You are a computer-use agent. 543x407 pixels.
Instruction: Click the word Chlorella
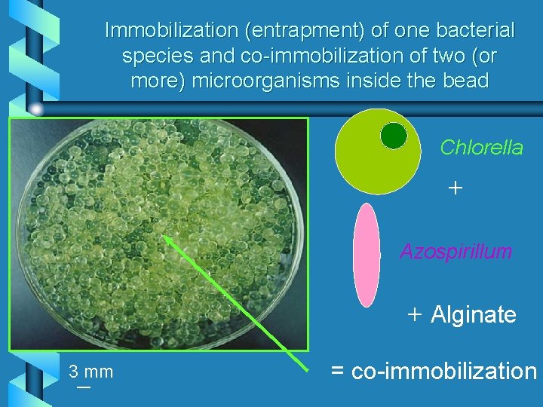[x=481, y=148]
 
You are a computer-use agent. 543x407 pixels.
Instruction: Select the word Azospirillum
[x=456, y=251]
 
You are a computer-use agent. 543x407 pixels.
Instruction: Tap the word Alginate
[x=473, y=314]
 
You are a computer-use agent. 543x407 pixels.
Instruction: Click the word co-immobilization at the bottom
[x=443, y=371]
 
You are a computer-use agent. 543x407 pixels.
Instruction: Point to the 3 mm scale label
[x=90, y=372]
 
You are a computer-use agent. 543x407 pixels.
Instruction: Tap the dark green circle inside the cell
[x=393, y=136]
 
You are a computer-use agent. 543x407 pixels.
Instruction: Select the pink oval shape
[x=367, y=255]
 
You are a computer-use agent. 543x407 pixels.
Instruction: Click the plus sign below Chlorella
[x=455, y=188]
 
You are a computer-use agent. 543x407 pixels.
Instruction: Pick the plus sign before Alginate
[x=414, y=314]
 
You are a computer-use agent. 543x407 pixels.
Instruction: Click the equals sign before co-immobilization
[x=337, y=372]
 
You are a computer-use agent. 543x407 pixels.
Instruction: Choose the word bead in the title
[x=465, y=81]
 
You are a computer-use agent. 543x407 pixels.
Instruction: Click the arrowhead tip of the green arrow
[x=164, y=237]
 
